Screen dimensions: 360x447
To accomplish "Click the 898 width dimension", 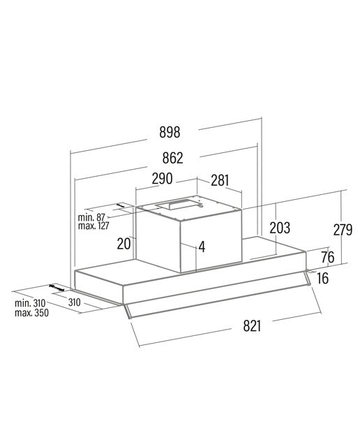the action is click(x=170, y=133).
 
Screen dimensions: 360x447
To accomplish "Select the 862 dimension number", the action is click(x=172, y=158).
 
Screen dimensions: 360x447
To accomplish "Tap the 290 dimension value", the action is click(x=162, y=179).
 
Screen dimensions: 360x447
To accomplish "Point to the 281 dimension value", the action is click(x=220, y=180).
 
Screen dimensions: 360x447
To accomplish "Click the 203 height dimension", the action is click(x=280, y=228).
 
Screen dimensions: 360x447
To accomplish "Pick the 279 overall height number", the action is click(x=343, y=230).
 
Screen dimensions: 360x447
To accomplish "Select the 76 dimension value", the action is click(x=327, y=258).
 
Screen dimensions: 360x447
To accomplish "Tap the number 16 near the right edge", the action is click(x=323, y=278).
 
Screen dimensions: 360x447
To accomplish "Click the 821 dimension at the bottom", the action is click(x=252, y=325).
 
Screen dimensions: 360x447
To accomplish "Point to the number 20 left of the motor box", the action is click(x=124, y=244).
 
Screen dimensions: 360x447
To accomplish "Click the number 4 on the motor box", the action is click(x=202, y=247).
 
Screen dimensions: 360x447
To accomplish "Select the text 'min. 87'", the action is click(x=91, y=217).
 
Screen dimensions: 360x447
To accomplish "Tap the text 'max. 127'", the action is click(x=93, y=226).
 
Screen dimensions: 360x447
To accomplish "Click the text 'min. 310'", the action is click(x=30, y=303).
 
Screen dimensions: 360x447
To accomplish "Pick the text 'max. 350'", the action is click(x=31, y=313).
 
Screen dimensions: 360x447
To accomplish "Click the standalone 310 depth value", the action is click(x=75, y=302).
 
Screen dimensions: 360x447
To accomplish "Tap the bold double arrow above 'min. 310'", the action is click(x=57, y=287).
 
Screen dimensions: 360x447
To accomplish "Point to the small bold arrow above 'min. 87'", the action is click(x=121, y=205).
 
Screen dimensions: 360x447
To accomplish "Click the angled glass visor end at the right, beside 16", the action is click(x=308, y=278).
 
